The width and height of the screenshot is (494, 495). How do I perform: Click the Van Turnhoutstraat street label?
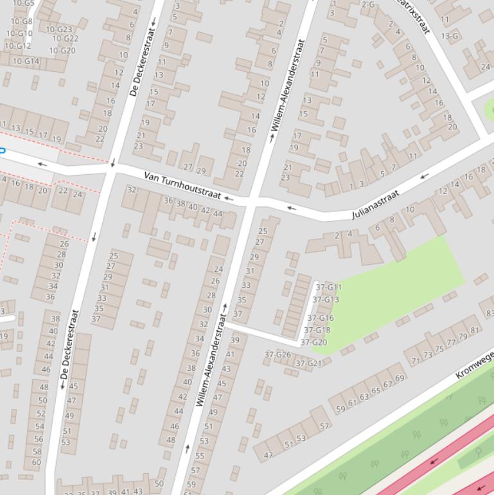[x=182, y=185]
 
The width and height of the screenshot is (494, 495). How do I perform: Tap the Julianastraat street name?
[x=376, y=204]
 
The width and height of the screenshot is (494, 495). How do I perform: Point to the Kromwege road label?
[x=474, y=364]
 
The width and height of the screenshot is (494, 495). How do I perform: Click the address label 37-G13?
[x=326, y=300]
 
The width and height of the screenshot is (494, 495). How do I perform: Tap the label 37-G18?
[x=317, y=330]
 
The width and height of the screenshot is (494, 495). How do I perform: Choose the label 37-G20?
[x=314, y=342]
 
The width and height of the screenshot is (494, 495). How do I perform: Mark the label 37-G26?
[x=278, y=354]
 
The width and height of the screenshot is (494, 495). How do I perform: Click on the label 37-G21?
[x=308, y=363]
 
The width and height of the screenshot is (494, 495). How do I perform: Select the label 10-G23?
[x=59, y=29]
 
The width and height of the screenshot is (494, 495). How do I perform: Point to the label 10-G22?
[x=65, y=39]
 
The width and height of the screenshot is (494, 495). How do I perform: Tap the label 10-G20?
[x=62, y=50]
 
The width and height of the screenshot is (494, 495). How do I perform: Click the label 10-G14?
[x=26, y=61]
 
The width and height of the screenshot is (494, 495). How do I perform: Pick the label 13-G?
[x=450, y=36]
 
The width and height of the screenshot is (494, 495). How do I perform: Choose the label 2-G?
[x=367, y=4]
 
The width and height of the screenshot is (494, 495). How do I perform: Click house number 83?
[x=490, y=313]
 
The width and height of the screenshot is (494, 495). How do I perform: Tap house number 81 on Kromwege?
[x=475, y=330]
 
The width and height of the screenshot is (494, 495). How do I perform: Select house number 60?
[x=36, y=462]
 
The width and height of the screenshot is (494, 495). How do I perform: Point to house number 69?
[x=400, y=378]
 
